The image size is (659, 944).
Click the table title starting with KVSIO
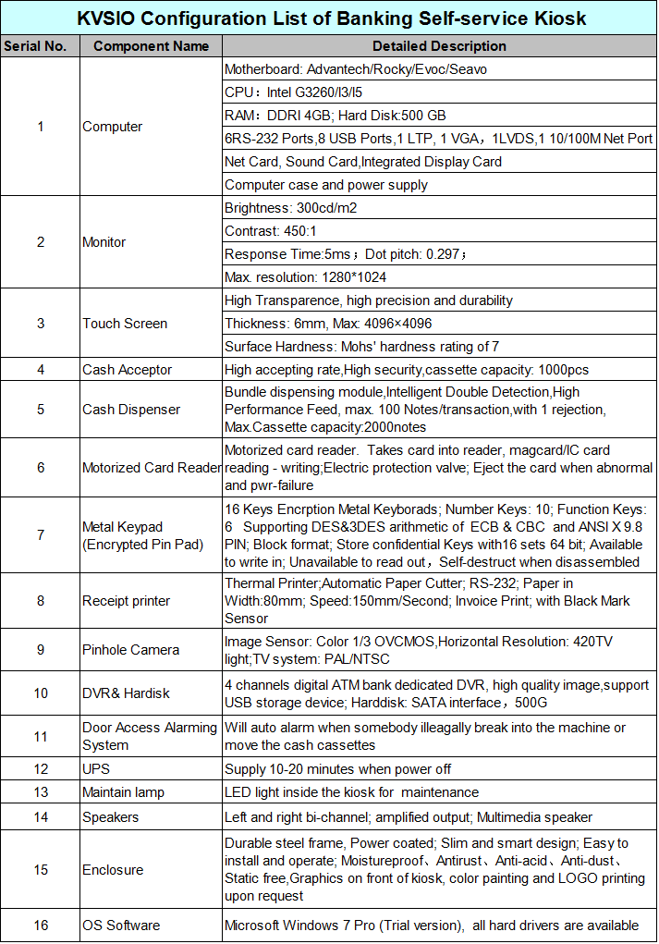click(x=330, y=18)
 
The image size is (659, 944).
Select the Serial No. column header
click(x=40, y=45)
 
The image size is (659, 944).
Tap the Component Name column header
click(x=151, y=45)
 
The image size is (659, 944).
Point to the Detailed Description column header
click(x=439, y=45)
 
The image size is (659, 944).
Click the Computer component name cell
click(x=113, y=127)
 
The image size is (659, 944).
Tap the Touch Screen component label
click(x=125, y=324)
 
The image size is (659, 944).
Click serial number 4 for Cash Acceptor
click(x=40, y=370)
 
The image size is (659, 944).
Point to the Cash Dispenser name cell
click(x=131, y=410)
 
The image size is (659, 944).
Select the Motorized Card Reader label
click(x=152, y=467)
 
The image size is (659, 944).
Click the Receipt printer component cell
click(x=126, y=601)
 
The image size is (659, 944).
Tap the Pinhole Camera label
click(x=130, y=650)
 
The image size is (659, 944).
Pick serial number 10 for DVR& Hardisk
click(x=40, y=693)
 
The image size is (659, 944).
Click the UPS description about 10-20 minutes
click(x=337, y=768)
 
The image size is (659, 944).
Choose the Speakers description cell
click(x=409, y=817)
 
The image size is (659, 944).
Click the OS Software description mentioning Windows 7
click(x=432, y=926)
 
